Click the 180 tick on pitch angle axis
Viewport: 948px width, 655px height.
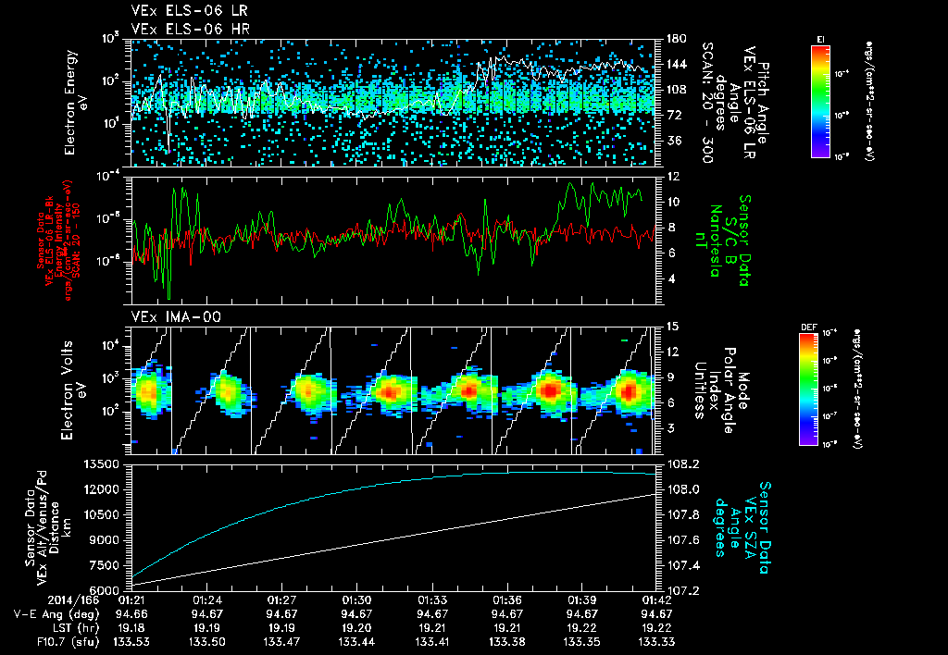pyautogui.click(x=675, y=39)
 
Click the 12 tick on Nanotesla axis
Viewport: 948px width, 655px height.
pyautogui.click(x=673, y=176)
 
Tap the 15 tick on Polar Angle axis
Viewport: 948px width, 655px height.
pyautogui.click(x=672, y=326)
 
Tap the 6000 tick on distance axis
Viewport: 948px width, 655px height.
pyautogui.click(x=108, y=589)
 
